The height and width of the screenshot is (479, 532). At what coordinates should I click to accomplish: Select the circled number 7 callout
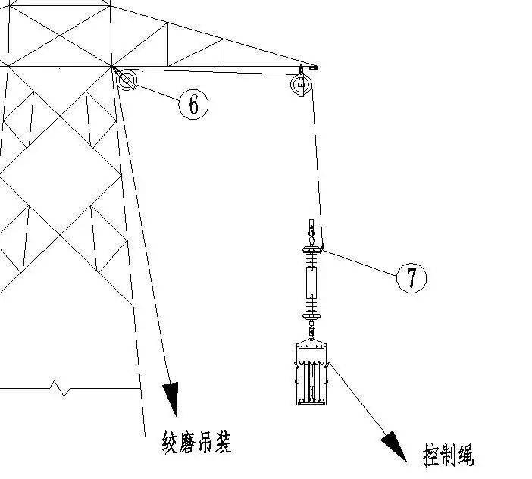click(412, 278)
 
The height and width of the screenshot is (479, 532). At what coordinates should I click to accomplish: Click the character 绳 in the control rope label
click(464, 456)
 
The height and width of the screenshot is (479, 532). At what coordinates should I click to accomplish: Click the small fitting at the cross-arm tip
click(313, 68)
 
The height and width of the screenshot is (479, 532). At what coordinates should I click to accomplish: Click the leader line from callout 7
click(360, 262)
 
